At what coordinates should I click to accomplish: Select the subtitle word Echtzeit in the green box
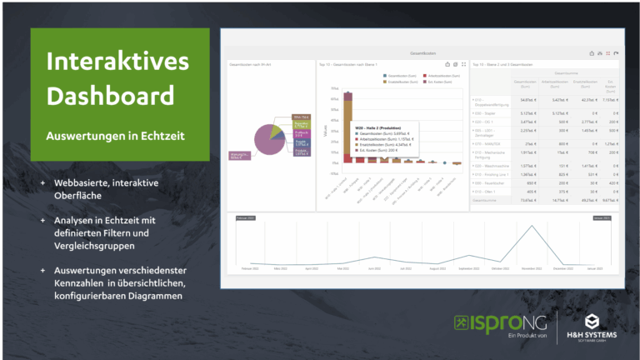pos(162,135)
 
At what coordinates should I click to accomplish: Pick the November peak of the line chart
pos(531,227)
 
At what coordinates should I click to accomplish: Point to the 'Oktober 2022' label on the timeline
pos(499,269)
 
